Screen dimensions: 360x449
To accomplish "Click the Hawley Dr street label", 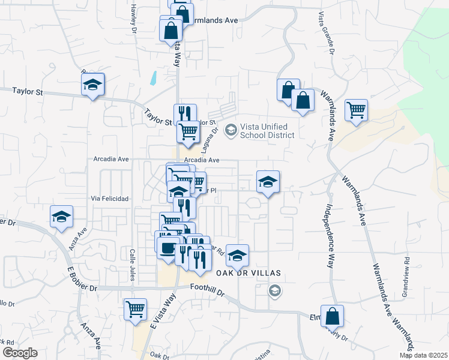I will click(133, 17).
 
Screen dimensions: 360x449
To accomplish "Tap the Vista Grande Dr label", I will click(324, 34).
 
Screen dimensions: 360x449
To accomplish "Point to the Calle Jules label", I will click(132, 264).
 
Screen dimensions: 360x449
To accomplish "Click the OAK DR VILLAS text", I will click(248, 272).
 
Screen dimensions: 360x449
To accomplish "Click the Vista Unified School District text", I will click(267, 131).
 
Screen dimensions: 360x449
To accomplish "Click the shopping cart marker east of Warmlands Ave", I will click(357, 110).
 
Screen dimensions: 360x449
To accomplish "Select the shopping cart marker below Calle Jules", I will click(135, 310).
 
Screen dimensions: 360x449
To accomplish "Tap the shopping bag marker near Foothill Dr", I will click(331, 316).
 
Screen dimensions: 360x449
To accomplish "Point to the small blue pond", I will click(154, 77).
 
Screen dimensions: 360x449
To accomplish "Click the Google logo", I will click(20, 353).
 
